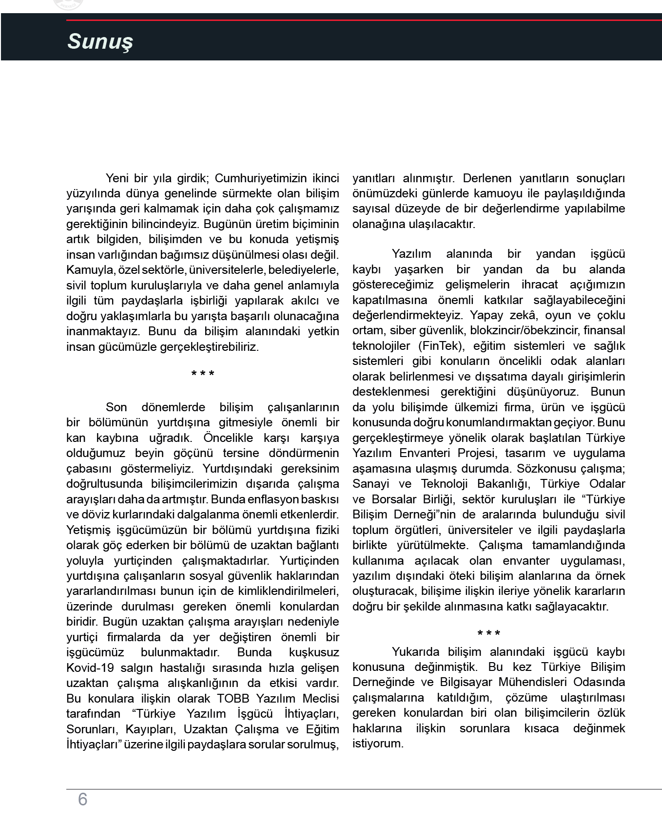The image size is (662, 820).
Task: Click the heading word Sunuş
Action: pos(100,42)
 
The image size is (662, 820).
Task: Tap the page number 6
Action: pos(82,799)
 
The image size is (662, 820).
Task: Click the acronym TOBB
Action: pos(233,698)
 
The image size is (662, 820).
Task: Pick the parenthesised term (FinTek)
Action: pos(441,346)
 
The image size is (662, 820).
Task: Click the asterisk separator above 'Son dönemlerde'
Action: pos(203,374)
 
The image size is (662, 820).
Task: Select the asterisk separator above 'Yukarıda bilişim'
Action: pos(488,633)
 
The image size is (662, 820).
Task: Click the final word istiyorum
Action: pos(378,744)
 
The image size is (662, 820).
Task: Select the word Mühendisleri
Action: pos(526,683)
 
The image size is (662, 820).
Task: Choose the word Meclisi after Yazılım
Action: pos(321,698)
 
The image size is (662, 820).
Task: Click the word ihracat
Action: pos(540,285)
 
